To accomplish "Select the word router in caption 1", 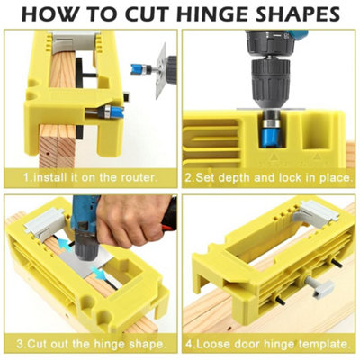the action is tap(139, 177).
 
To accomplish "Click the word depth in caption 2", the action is tap(233, 177).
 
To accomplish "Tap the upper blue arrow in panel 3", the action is tap(65, 244).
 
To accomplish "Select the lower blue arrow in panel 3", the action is tap(100, 274).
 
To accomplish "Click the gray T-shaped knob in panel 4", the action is tap(318, 286).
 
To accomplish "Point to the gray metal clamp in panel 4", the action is tap(315, 214).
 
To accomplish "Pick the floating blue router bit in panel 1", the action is tap(140, 69).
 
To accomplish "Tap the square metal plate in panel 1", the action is tap(161, 71).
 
